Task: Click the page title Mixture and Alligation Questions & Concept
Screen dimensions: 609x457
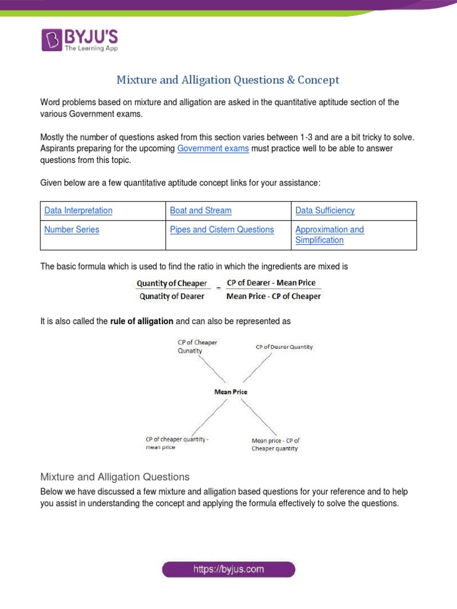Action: coord(228,80)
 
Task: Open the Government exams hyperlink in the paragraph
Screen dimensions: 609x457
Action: coord(213,149)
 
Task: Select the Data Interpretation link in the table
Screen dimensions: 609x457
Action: coord(79,211)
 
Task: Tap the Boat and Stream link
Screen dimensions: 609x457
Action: coord(201,211)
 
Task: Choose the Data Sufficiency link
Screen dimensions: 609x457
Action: coord(325,211)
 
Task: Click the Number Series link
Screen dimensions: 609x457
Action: coord(72,230)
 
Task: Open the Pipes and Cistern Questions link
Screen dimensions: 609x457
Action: coord(222,230)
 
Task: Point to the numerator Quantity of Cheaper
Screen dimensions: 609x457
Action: coord(172,284)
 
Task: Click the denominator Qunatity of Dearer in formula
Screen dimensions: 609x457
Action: coord(171,296)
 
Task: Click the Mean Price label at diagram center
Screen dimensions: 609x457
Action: coord(230,392)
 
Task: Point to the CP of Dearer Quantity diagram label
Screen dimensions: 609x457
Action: coord(284,347)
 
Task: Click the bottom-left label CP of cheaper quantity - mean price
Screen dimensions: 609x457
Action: coord(177,444)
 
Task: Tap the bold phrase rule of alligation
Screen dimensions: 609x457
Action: coord(142,321)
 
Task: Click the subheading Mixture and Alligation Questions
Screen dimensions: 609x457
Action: coord(115,477)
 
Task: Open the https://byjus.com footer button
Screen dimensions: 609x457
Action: coord(228,569)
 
